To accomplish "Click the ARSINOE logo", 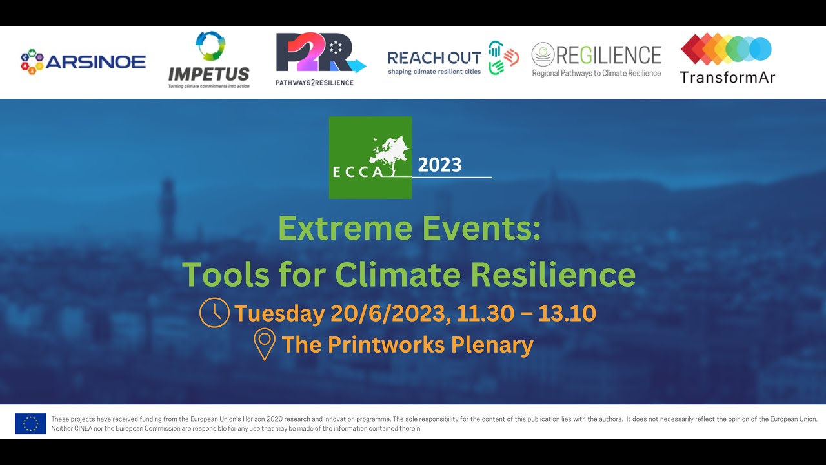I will pyautogui.click(x=83, y=62).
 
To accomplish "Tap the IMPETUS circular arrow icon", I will pyautogui.click(x=210, y=46).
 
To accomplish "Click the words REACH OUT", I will pyautogui.click(x=434, y=58).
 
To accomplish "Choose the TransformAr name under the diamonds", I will pyautogui.click(x=727, y=77).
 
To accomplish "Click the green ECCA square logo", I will pyautogui.click(x=370, y=158).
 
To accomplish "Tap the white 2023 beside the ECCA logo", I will pyautogui.click(x=439, y=165).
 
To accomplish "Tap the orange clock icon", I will pyautogui.click(x=214, y=313).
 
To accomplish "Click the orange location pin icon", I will pyautogui.click(x=265, y=345).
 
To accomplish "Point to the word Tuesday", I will pyautogui.click(x=279, y=314).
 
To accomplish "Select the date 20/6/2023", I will pyautogui.click(x=388, y=314).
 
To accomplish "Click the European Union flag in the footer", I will pyautogui.click(x=31, y=424).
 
